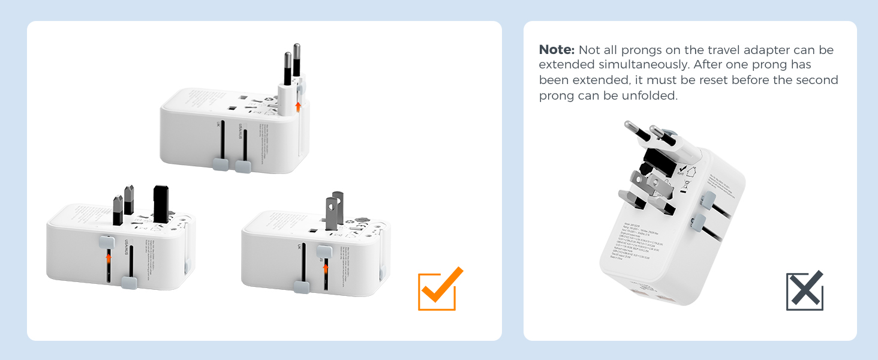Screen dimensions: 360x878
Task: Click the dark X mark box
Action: (x=804, y=292)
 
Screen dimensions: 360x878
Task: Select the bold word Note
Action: (x=557, y=50)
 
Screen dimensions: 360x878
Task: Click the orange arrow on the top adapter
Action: (x=297, y=107)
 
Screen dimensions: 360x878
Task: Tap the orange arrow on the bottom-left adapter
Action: (x=109, y=259)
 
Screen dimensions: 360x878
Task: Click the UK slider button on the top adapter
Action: (x=220, y=164)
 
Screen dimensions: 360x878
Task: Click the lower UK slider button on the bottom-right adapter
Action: (x=302, y=287)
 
